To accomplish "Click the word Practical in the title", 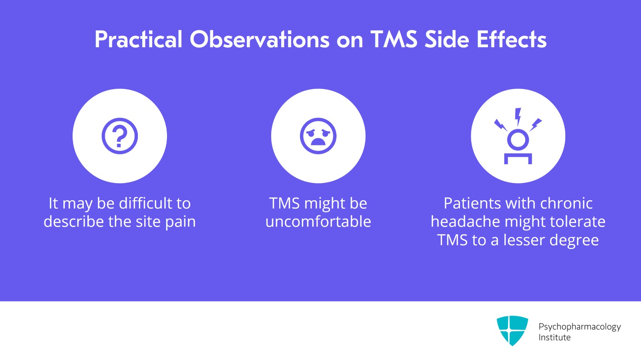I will (138, 40).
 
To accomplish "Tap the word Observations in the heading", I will (260, 40).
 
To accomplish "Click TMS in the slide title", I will (394, 40).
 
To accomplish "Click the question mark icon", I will (119, 136).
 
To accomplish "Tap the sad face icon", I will (318, 136).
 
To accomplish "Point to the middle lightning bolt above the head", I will (518, 117).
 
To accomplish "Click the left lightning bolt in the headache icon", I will (500, 125).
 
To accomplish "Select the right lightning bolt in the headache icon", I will (536, 125).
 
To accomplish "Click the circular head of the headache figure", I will (518, 140).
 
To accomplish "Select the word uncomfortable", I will (318, 222).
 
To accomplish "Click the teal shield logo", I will (512, 330).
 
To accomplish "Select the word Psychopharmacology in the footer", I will (579, 327).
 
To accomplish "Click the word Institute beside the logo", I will (554, 338).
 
